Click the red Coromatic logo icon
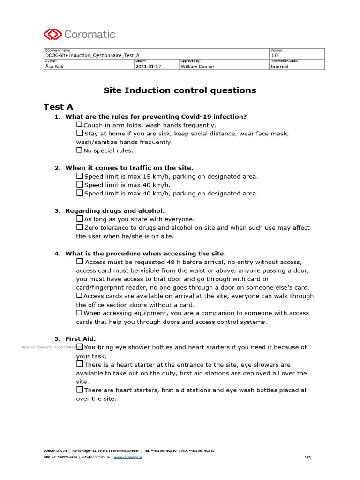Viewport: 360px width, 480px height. (x=52, y=34)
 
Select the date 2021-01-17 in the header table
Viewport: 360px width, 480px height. (x=148, y=67)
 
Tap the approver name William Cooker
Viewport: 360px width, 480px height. (x=197, y=67)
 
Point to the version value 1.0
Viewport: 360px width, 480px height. (x=274, y=55)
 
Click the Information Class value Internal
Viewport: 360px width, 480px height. (x=279, y=67)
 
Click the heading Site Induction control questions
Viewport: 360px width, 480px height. (x=180, y=90)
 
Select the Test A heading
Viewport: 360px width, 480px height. (x=58, y=107)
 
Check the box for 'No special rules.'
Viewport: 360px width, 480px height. (x=79, y=150)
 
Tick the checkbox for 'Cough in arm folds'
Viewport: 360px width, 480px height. (x=79, y=125)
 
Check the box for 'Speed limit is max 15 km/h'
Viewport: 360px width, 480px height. (x=80, y=176)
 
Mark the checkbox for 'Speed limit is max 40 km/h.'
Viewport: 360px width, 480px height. (x=80, y=185)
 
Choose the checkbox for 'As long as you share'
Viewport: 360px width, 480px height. (x=80, y=219)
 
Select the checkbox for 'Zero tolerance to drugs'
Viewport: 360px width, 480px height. (x=80, y=227)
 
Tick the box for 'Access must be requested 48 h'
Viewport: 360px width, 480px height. (x=80, y=262)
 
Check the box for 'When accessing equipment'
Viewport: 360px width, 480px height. (x=79, y=313)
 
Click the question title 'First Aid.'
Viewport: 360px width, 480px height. (x=81, y=338)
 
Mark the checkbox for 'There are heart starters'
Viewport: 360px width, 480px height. (x=80, y=390)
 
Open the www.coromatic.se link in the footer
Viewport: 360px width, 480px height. (x=128, y=457)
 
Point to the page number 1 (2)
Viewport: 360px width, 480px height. (x=307, y=457)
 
